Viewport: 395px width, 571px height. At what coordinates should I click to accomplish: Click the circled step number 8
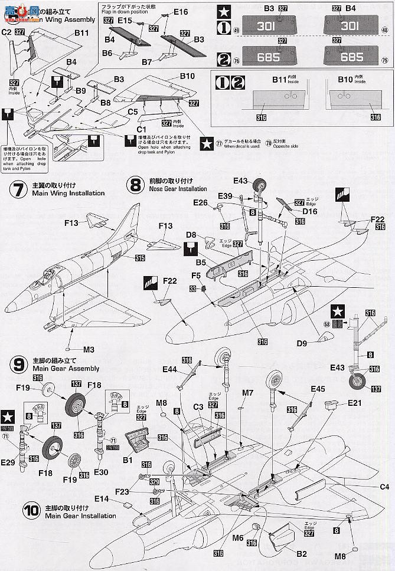click(x=135, y=185)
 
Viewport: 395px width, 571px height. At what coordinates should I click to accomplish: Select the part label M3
click(x=89, y=349)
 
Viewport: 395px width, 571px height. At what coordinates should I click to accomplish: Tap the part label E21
click(x=354, y=403)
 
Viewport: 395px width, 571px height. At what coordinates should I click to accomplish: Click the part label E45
click(x=318, y=389)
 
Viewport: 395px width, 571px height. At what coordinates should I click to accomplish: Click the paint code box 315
click(x=139, y=258)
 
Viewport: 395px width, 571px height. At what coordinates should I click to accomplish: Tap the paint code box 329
click(x=155, y=482)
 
